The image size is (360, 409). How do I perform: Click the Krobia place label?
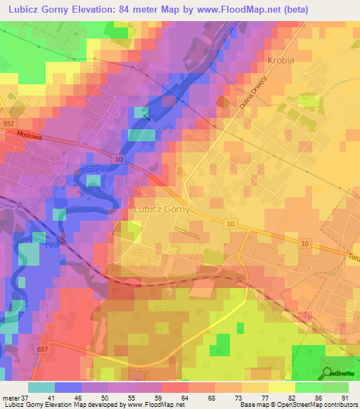(x=281, y=60)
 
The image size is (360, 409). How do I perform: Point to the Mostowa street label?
(x=32, y=137)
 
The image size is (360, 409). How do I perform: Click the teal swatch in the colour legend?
(x=41, y=387)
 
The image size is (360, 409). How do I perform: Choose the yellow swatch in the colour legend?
(x=282, y=387)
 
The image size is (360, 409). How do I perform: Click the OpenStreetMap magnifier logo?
(x=328, y=372)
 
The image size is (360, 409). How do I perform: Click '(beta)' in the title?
(x=330, y=9)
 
